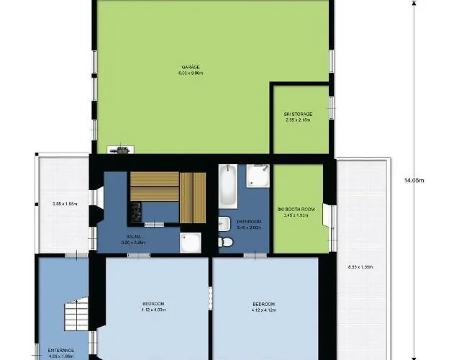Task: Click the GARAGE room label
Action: tap(190, 67)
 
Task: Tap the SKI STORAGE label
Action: tap(298, 114)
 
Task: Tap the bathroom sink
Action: tap(224, 222)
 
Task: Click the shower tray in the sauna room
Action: tap(192, 244)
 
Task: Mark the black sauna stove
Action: tap(135, 211)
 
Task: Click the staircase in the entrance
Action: tap(75, 315)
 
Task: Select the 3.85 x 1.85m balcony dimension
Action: tap(65, 204)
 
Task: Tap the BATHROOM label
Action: tap(250, 221)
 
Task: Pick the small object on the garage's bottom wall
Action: tap(120, 150)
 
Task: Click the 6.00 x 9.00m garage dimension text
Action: tap(190, 73)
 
